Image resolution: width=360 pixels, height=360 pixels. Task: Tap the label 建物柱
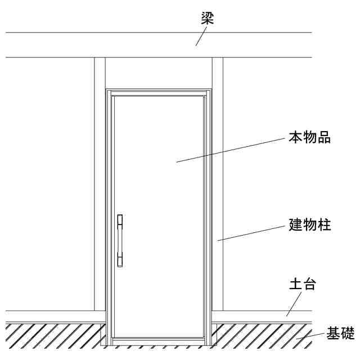pos(310,225)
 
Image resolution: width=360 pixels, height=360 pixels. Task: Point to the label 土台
pos(302,284)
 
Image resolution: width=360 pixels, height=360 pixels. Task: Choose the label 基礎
pos(341,334)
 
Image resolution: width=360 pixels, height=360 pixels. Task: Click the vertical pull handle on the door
pos(120,240)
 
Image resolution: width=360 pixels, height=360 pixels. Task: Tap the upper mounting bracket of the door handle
pos(120,222)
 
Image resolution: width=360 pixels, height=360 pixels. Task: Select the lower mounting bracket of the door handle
pos(120,259)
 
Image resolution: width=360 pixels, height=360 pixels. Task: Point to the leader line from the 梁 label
pos(201,37)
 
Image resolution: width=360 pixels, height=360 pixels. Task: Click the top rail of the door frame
pos(159,91)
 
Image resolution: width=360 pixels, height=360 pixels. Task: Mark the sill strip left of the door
pos(51,316)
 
